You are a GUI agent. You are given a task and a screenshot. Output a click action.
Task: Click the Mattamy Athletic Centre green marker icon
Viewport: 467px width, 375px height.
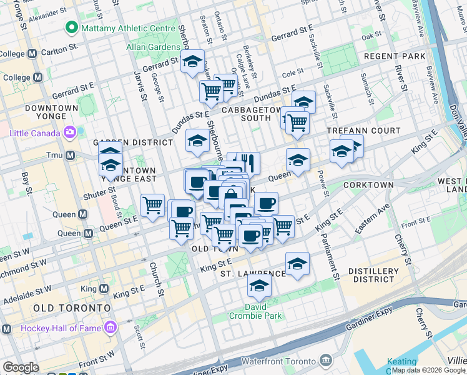pos(72,28)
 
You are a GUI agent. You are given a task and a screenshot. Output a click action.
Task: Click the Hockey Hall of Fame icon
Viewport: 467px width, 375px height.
pos(111,327)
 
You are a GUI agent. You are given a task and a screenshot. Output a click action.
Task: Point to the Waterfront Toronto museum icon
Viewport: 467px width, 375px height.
pos(325,360)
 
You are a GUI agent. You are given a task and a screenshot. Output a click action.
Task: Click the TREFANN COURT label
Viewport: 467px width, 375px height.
pos(364,131)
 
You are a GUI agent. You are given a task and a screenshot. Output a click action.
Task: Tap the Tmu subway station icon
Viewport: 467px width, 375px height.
pos(70,155)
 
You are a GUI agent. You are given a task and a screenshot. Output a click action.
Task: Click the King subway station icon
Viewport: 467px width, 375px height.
pos(103,289)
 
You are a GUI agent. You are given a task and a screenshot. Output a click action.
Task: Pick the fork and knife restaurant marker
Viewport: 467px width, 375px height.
pos(248,162)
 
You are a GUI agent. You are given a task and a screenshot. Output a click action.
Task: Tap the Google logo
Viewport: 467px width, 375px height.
pos(21,367)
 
